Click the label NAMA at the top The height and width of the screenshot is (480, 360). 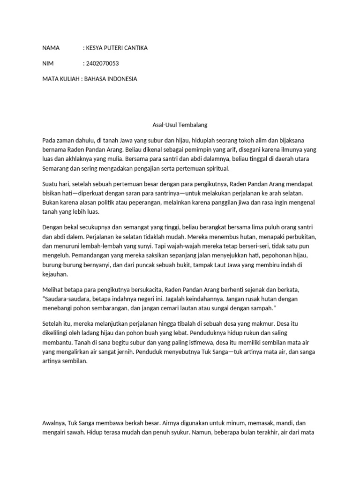pos(51,48)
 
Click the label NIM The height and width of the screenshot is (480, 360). pos(48,63)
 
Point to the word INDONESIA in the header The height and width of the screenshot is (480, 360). pos(122,79)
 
